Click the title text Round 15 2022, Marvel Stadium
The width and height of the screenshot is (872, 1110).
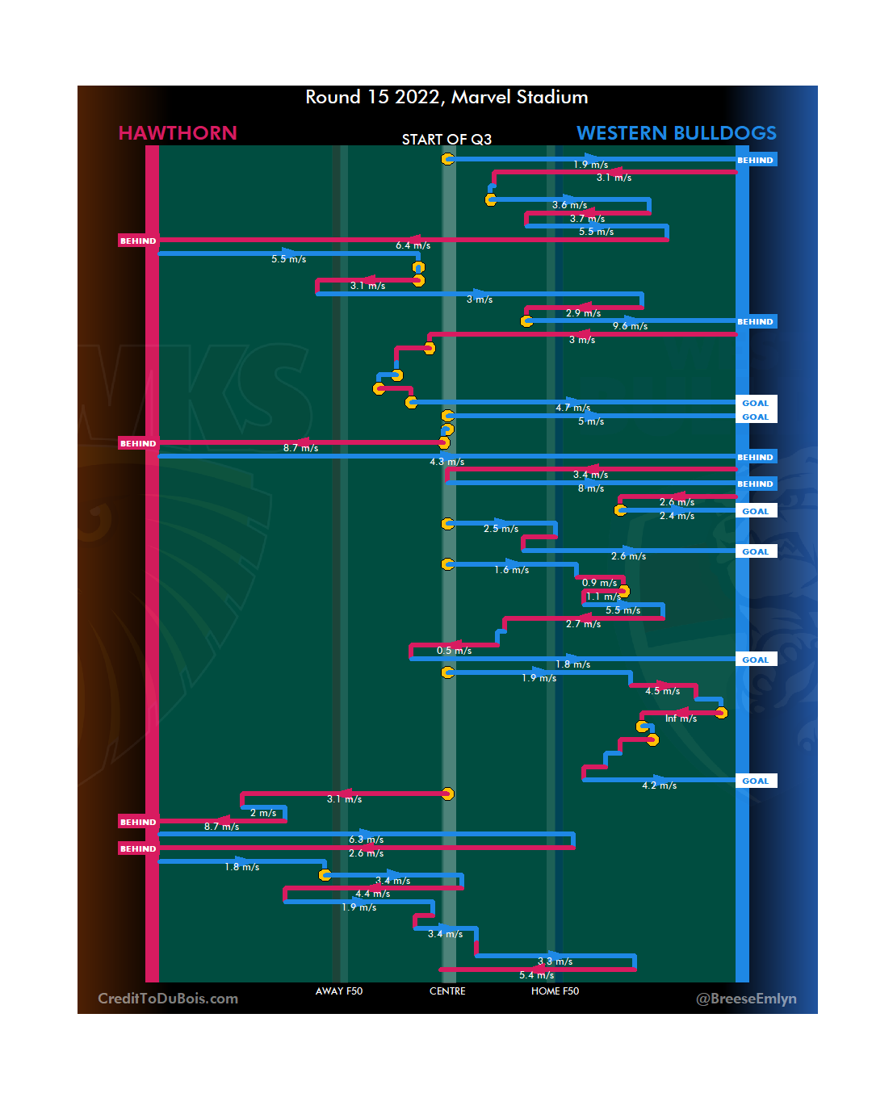click(446, 98)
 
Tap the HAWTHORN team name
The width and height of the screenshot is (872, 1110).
click(178, 133)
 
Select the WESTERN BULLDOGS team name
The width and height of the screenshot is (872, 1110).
click(676, 133)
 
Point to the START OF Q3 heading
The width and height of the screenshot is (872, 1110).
click(446, 140)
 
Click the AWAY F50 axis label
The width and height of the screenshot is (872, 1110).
click(339, 991)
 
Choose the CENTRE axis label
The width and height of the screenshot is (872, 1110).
click(447, 991)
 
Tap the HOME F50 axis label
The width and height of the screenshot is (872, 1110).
click(555, 991)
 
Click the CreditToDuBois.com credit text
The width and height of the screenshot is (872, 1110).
click(168, 999)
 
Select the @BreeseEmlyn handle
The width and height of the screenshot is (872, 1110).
click(746, 999)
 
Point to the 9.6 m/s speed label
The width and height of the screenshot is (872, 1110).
click(630, 326)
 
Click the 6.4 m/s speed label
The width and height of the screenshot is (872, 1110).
click(413, 245)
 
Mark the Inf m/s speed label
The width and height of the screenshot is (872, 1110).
click(681, 718)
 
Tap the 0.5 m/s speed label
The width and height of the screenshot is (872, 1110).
click(454, 651)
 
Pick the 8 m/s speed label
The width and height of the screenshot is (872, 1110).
click(591, 488)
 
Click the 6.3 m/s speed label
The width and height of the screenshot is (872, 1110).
click(366, 840)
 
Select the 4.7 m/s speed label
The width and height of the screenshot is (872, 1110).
click(572, 408)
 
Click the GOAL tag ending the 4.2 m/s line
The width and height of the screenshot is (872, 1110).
click(756, 781)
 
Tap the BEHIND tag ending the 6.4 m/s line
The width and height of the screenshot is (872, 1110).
click(138, 241)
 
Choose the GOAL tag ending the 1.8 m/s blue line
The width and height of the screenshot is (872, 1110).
click(756, 660)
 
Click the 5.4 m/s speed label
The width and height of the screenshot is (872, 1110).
click(536, 975)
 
